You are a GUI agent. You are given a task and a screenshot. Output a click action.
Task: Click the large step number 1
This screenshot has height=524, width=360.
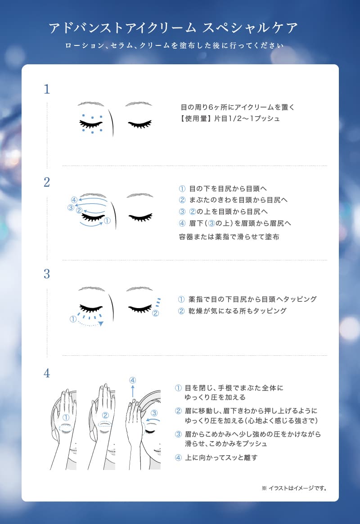coord(47,89)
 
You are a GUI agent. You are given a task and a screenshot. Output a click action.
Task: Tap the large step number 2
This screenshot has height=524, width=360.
coord(47,182)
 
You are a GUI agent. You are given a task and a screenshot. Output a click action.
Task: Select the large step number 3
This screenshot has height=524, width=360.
coord(47,274)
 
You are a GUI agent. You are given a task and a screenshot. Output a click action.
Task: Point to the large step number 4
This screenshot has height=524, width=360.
coord(47,373)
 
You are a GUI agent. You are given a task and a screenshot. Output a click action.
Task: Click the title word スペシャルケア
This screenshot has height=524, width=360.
coord(250,28)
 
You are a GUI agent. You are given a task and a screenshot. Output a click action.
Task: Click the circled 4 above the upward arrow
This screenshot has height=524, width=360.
coord(133,381)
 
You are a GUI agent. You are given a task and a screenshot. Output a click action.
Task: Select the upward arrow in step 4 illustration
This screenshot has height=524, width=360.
coord(133,391)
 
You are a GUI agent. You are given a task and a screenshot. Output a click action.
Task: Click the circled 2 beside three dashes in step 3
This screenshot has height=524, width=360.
coord(155,314)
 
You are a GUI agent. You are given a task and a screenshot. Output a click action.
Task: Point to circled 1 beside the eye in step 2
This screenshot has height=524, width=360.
coord(107,220)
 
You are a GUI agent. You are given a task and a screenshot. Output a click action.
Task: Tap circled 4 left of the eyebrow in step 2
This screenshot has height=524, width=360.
coord(74,200)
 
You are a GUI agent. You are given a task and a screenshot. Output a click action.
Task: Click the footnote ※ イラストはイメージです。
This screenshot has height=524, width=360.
coord(294,488)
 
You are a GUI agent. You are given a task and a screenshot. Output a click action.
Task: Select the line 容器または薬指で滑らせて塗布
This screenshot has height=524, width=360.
coord(229,237)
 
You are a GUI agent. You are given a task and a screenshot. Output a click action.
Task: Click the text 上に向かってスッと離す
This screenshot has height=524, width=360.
coord(221,458)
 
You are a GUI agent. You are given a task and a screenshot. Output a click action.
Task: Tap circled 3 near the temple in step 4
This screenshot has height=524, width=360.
coord(154,413)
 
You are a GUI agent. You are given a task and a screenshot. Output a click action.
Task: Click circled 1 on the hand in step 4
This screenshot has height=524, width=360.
coord(66,417)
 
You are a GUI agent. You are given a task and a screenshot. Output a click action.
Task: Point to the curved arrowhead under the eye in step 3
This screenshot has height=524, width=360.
coord(101,323)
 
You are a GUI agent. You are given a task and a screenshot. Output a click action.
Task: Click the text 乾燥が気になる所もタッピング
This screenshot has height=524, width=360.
coord(237,311)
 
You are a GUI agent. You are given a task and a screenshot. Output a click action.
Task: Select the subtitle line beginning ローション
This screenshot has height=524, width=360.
coord(174,45)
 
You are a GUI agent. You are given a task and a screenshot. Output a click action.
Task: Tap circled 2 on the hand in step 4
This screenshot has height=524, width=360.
coord(105,416)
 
